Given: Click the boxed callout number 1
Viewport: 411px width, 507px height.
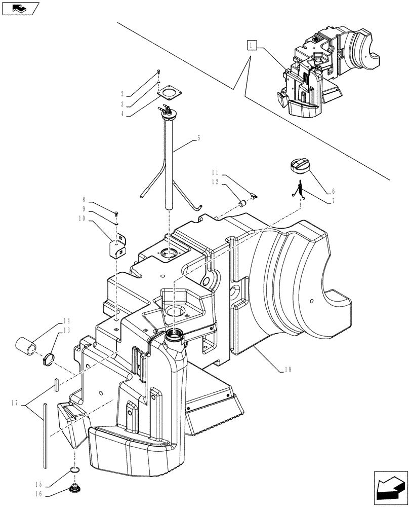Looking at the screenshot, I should point(252,46).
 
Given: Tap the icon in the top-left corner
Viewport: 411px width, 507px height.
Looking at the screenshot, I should point(20,8).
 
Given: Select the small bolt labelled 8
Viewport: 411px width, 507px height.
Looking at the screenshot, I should point(117,213).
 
